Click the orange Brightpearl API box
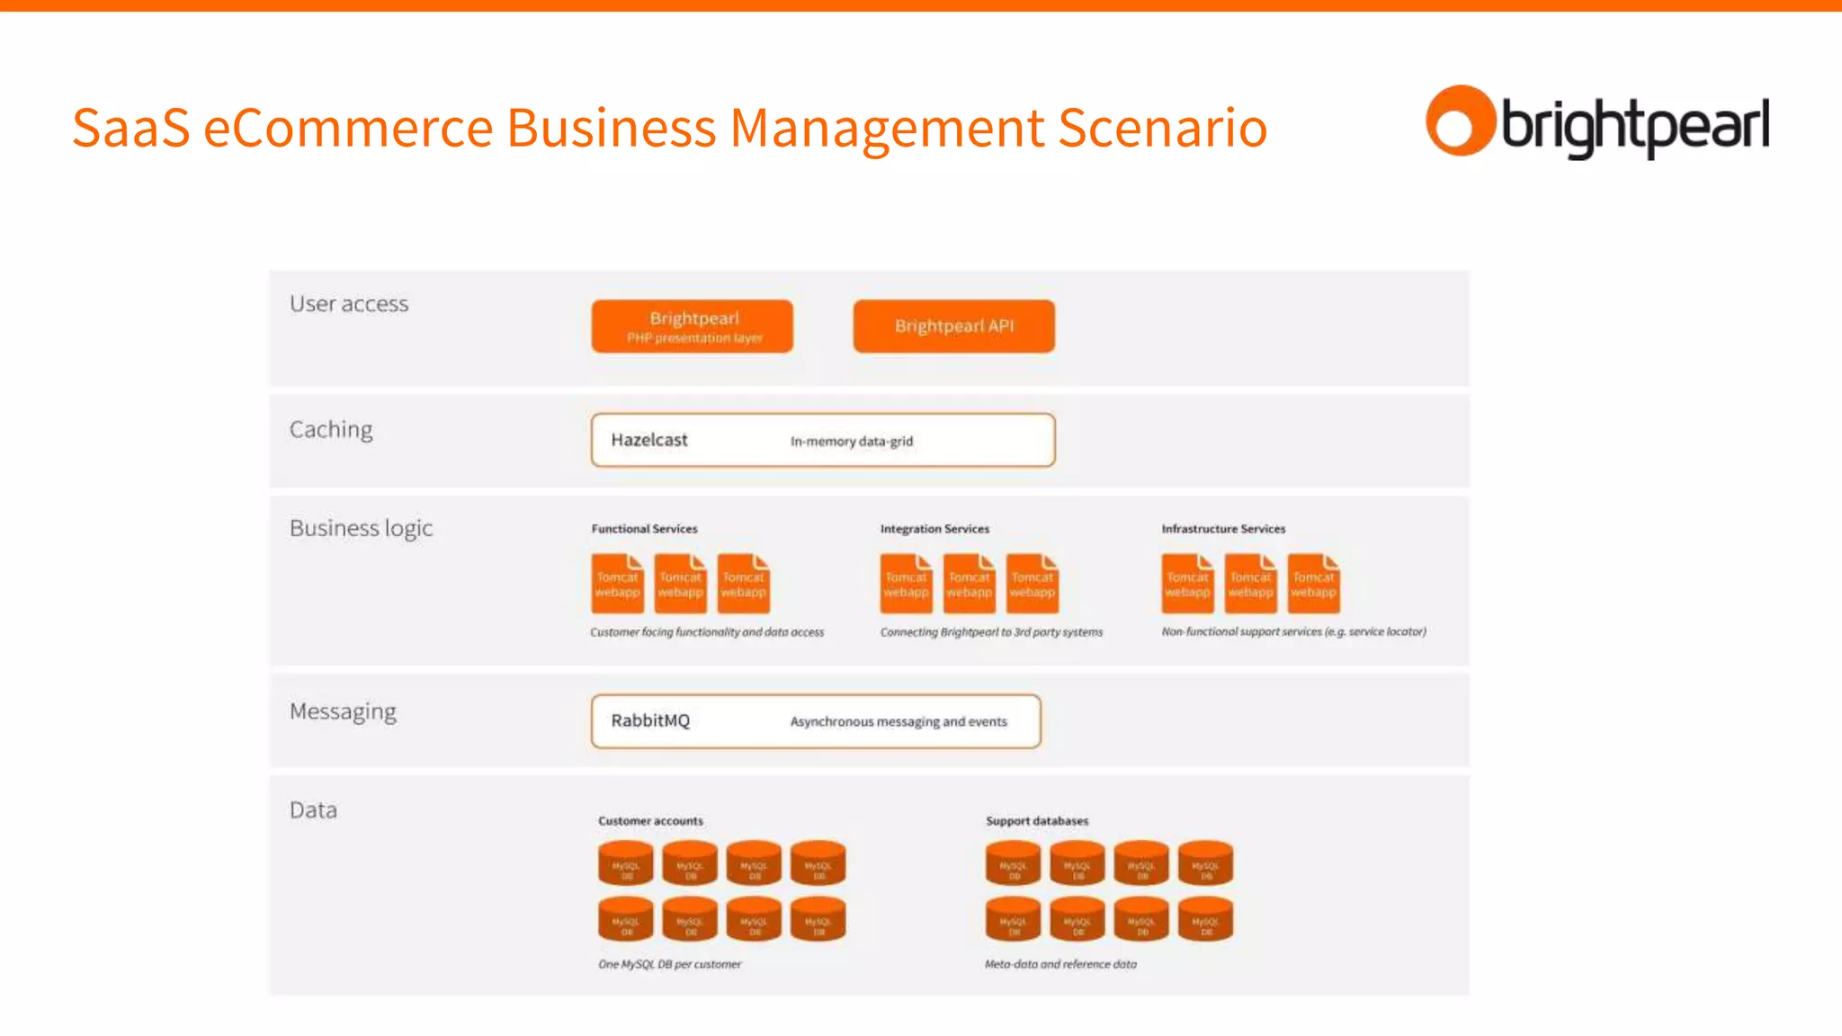953,326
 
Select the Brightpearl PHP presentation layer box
693,326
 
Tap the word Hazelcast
648,440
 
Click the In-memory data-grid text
851,441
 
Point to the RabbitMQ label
649,720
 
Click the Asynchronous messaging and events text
898,721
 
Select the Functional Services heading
644,529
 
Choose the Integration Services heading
934,529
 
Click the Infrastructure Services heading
1222,529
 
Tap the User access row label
349,304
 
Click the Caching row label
331,430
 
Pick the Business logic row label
361,528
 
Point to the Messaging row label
343,711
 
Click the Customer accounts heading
650,821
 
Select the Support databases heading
1036,821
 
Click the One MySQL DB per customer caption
669,964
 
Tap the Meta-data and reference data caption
1060,964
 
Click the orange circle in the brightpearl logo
1459,121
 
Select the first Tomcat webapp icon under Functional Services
617,584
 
